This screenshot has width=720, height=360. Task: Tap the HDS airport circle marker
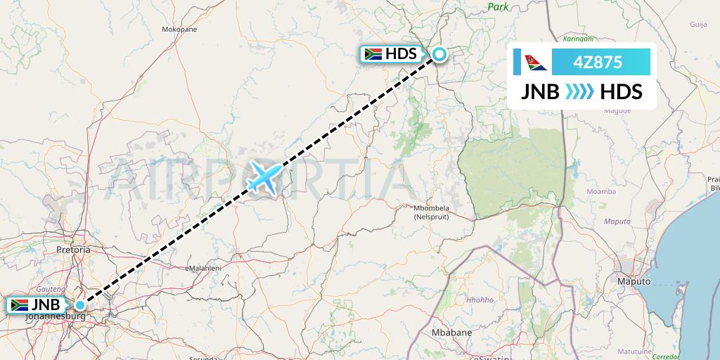point(439,54)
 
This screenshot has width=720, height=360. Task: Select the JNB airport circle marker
point(82,304)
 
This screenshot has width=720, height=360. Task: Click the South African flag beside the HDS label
point(373,54)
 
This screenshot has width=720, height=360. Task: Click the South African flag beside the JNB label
point(18,305)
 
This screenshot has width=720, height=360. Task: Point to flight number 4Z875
point(598,62)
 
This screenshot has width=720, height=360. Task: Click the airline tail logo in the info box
point(535,62)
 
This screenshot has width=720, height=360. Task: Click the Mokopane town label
point(179,30)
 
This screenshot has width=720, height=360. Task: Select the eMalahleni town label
point(202,269)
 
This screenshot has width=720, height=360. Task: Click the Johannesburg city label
point(55,316)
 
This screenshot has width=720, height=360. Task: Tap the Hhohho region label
point(480,300)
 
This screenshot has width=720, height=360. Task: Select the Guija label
point(698,24)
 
